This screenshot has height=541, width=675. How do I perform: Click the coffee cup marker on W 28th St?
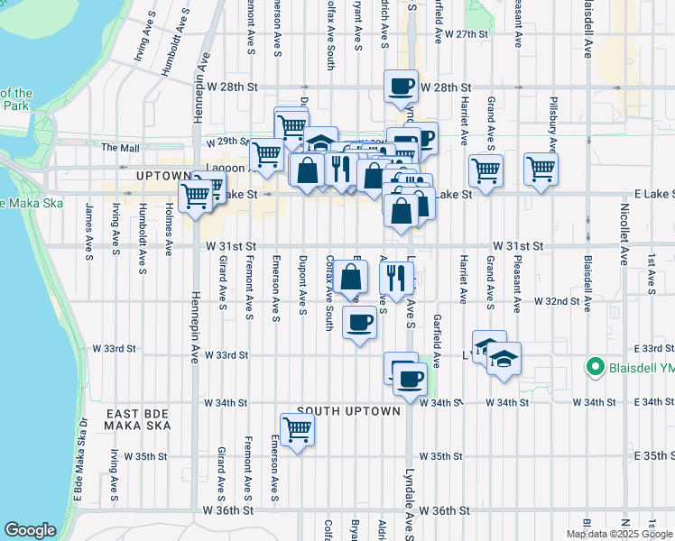pyautogui.click(x=402, y=87)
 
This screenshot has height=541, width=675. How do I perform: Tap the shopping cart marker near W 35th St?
pyautogui.click(x=297, y=430)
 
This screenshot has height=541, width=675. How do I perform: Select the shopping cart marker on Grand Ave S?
pyautogui.click(x=485, y=169)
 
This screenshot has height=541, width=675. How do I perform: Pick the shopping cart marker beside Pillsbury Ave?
pyautogui.click(x=541, y=169)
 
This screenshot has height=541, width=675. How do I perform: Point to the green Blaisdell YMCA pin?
pyautogui.click(x=595, y=366)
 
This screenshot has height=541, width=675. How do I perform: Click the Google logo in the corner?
pyautogui.click(x=30, y=530)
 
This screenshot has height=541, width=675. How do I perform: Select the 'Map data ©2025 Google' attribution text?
pyautogui.click(x=618, y=534)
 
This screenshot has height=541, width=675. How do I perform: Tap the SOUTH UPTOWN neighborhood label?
pyautogui.click(x=348, y=411)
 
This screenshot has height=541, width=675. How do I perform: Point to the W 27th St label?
pyautogui.click(x=466, y=33)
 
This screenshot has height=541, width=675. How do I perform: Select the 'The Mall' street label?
pyautogui.click(x=121, y=147)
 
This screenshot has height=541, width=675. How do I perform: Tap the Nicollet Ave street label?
pyautogui.click(x=623, y=245)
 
